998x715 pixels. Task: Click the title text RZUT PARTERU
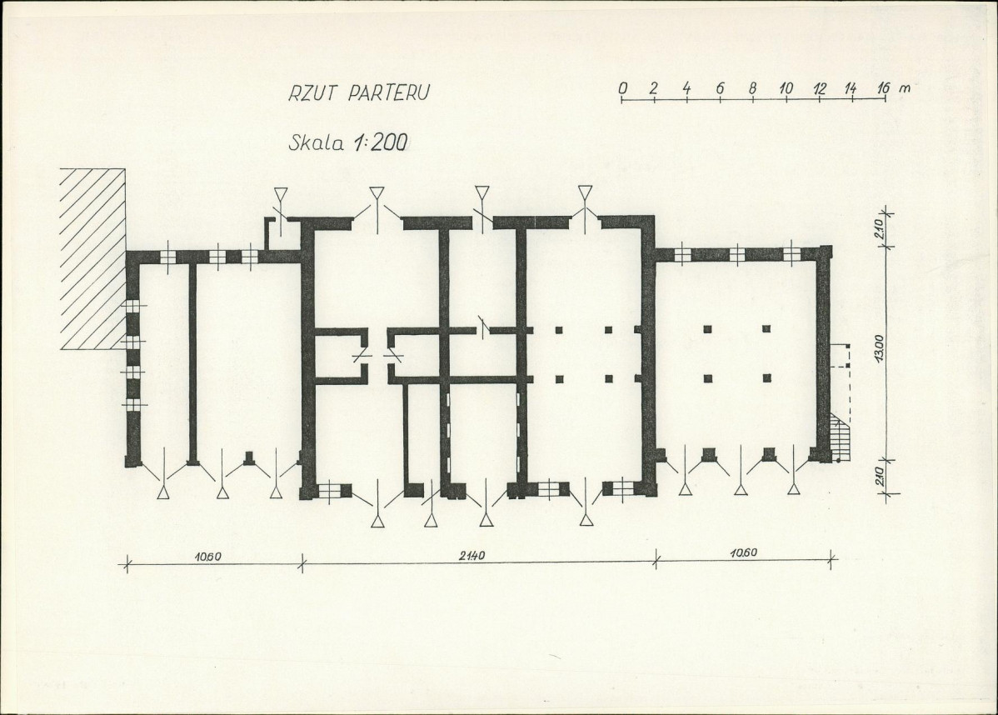pyautogui.click(x=359, y=92)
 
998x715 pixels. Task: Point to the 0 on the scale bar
pyautogui.click(x=622, y=87)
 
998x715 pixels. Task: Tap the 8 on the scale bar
pyautogui.click(x=753, y=87)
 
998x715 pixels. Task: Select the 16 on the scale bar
pyautogui.click(x=883, y=87)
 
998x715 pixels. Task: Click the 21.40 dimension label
pyautogui.click(x=472, y=555)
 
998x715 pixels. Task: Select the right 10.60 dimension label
pyautogui.click(x=743, y=552)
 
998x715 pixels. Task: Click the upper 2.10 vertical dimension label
pyautogui.click(x=879, y=229)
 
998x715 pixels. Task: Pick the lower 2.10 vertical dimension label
pyautogui.click(x=879, y=476)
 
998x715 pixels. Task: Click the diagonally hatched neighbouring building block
pyautogui.click(x=92, y=258)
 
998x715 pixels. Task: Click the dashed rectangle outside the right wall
pyautogui.click(x=841, y=356)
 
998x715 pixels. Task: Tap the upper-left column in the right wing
pyautogui.click(x=708, y=329)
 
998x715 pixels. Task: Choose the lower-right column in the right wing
pyautogui.click(x=767, y=378)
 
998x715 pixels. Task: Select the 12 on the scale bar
pyautogui.click(x=819, y=87)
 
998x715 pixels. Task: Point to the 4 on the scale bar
pyautogui.click(x=687, y=87)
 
